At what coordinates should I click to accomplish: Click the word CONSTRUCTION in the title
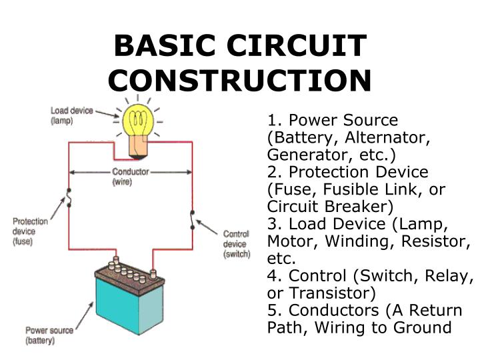[239, 80]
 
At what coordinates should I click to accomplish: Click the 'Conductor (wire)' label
[131, 177]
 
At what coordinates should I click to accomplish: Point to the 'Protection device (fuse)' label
[31, 231]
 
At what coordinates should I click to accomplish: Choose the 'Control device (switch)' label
[236, 244]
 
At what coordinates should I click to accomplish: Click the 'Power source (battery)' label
[49, 335]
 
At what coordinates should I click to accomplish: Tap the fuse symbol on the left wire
[67, 198]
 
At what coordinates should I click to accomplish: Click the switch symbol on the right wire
[192, 220]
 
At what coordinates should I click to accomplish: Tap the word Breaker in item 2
[359, 207]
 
